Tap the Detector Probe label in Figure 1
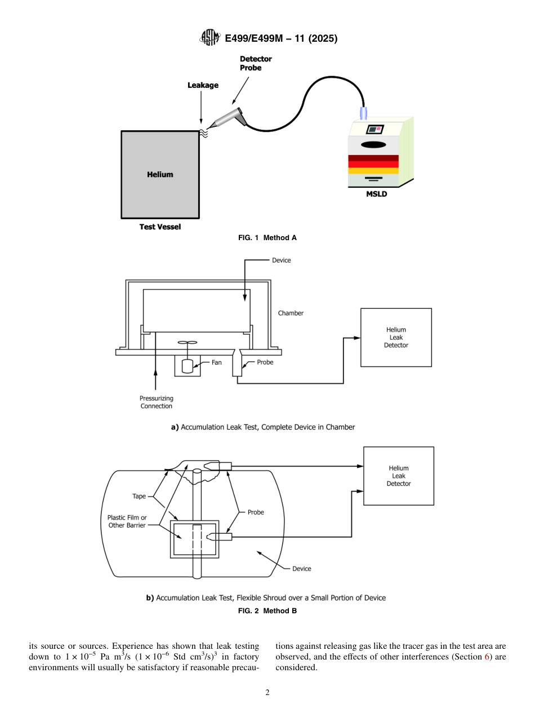pyautogui.click(x=256, y=63)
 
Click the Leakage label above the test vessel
pyautogui.click(x=203, y=85)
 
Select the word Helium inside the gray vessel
pyautogui.click(x=160, y=175)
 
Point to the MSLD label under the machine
pyautogui.click(x=377, y=194)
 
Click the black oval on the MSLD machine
pyautogui.click(x=373, y=144)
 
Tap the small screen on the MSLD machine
pyautogui.click(x=374, y=129)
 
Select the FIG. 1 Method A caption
pyautogui.click(x=267, y=238)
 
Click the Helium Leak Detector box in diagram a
pyautogui.click(x=396, y=338)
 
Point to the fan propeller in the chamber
pyautogui.click(x=186, y=343)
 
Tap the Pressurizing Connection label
pyautogui.click(x=157, y=402)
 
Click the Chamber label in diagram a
pyautogui.click(x=291, y=313)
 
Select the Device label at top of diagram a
pyautogui.click(x=282, y=260)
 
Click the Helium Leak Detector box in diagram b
pyautogui.click(x=398, y=476)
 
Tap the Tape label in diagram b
pyautogui.click(x=139, y=497)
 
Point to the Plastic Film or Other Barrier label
pyautogui.click(x=127, y=521)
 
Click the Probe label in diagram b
pyautogui.click(x=256, y=512)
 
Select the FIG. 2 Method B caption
pyautogui.click(x=267, y=610)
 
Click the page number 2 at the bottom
pyautogui.click(x=267, y=693)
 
